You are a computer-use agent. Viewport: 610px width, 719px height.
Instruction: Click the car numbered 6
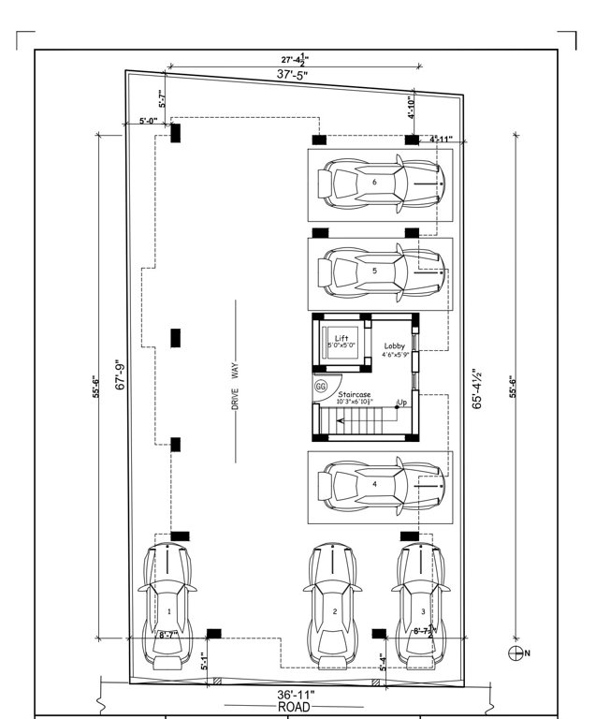point(378,183)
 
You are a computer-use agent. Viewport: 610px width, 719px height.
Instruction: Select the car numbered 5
point(378,271)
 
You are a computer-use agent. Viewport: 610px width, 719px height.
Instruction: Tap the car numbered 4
point(378,485)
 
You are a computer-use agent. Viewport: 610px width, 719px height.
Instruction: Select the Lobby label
point(394,346)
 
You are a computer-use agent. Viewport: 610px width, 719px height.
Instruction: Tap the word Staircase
point(355,395)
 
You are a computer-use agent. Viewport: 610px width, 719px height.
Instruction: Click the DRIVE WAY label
point(236,382)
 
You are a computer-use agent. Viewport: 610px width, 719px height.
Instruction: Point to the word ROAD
point(296,708)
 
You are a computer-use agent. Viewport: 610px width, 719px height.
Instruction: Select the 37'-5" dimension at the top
point(295,74)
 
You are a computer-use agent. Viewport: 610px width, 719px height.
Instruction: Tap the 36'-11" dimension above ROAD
point(296,695)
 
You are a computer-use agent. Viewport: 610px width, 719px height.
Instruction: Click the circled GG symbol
point(321,386)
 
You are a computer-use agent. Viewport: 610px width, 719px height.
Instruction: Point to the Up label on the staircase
point(401,404)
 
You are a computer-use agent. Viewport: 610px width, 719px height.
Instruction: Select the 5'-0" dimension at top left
point(147,121)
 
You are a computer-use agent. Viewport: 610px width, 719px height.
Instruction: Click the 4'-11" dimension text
point(441,139)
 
